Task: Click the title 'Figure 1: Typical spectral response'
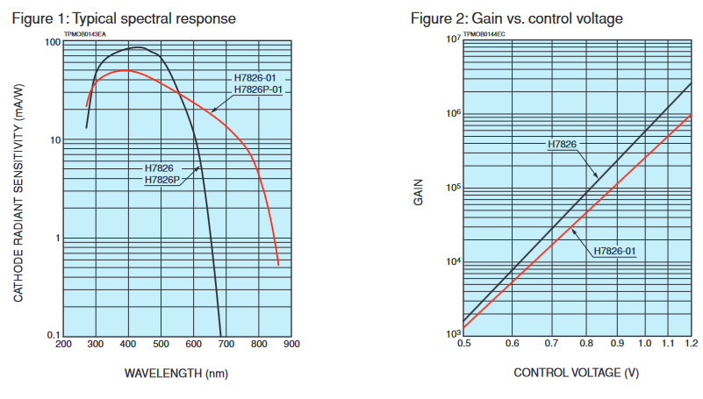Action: tap(125, 18)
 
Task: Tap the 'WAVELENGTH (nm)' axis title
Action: tap(176, 374)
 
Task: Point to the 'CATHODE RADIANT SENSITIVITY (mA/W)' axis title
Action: tap(18, 189)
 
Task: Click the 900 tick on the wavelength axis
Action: tap(291, 345)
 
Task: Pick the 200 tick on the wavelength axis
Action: tap(63, 345)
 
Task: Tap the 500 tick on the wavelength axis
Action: tap(161, 345)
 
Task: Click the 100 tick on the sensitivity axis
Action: tap(51, 43)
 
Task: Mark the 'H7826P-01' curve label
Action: tap(258, 89)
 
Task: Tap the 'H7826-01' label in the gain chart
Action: tap(614, 252)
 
